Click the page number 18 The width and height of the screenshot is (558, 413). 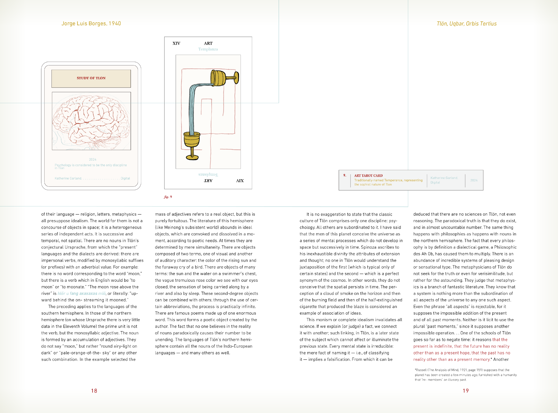point(94,391)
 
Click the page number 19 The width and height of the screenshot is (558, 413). point(466,391)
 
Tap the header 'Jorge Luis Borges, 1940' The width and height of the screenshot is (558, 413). point(91,24)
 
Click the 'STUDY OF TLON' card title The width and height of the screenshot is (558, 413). point(91,78)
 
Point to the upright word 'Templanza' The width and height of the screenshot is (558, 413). point(208,49)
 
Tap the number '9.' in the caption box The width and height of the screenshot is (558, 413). point(345,176)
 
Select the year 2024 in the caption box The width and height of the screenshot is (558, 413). point(474,180)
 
